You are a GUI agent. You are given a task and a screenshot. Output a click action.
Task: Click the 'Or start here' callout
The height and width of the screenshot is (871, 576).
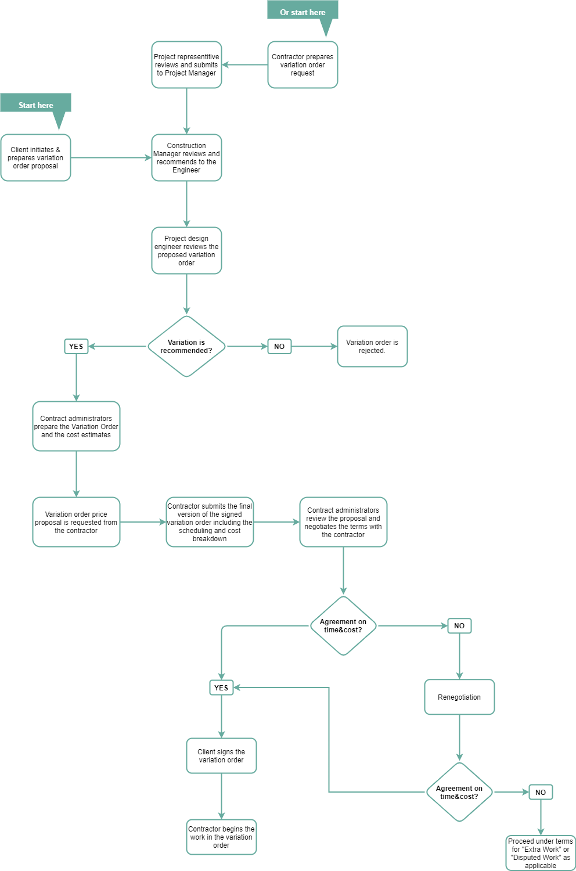pyautogui.click(x=303, y=12)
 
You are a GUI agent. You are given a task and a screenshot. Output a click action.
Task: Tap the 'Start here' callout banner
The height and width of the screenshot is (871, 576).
pyautogui.click(x=35, y=105)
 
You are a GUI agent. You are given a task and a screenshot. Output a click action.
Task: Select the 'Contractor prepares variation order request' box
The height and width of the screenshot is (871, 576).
pyautogui.click(x=303, y=65)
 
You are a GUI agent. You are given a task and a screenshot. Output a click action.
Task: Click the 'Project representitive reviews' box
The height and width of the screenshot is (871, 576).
pyautogui.click(x=186, y=65)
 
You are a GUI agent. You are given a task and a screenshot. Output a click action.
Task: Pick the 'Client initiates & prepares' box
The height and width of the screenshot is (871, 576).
pyautogui.click(x=35, y=158)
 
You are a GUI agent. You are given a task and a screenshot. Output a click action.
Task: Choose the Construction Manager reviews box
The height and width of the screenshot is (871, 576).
pyautogui.click(x=186, y=158)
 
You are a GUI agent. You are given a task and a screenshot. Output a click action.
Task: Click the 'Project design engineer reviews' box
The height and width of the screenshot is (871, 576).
pyautogui.click(x=186, y=251)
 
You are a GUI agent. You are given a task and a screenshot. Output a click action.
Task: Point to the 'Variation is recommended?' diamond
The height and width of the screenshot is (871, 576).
pyautogui.click(x=186, y=347)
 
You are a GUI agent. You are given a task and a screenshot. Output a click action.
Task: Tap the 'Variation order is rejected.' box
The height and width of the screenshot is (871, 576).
pyautogui.click(x=372, y=347)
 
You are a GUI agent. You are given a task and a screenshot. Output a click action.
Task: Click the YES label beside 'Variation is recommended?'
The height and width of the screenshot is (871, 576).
pyautogui.click(x=76, y=347)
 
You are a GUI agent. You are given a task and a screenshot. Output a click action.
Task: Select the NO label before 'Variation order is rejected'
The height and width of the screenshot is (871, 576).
pyautogui.click(x=279, y=347)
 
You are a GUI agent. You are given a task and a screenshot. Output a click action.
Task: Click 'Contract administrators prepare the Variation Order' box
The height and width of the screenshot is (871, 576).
pyautogui.click(x=76, y=426)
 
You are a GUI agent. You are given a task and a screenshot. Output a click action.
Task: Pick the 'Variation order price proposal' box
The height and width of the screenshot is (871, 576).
pyautogui.click(x=76, y=522)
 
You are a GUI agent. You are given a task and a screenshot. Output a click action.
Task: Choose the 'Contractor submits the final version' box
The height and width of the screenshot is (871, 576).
pyautogui.click(x=210, y=522)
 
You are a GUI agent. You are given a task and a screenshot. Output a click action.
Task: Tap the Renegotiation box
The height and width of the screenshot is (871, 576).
pyautogui.click(x=459, y=697)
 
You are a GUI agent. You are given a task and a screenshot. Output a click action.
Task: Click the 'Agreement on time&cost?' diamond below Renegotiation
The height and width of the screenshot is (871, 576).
pyautogui.click(x=459, y=792)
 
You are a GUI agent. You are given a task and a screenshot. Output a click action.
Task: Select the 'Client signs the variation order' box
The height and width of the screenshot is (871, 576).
pyautogui.click(x=221, y=755)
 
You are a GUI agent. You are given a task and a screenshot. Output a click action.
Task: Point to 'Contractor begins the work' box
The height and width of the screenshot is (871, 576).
pyautogui.click(x=221, y=837)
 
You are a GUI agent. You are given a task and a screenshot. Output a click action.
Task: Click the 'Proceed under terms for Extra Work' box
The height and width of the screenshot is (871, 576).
pyautogui.click(x=540, y=853)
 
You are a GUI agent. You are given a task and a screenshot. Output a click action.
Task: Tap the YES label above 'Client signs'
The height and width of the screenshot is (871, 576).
pyautogui.click(x=221, y=688)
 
